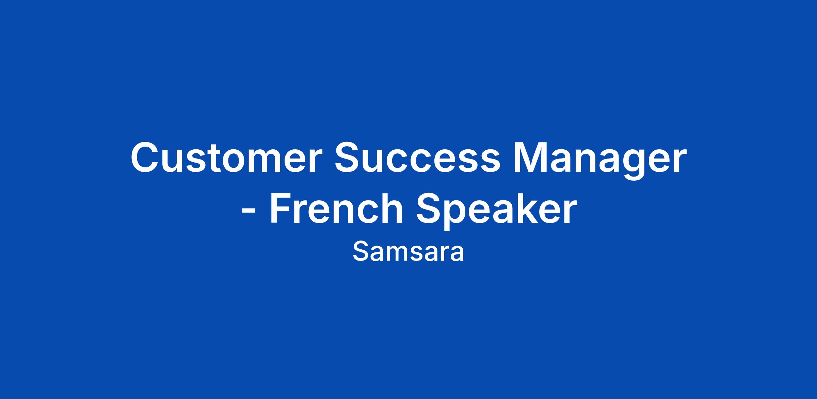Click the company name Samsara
pyautogui.click(x=408, y=252)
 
